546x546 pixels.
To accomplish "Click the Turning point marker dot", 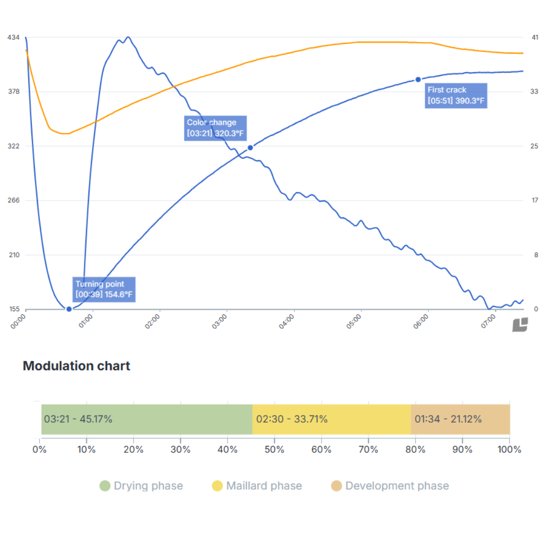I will pos(69,309).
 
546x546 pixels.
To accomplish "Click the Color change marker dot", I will pos(250,148).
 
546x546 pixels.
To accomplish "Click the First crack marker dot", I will pos(418,79).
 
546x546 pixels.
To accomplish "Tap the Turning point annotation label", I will pos(104,289).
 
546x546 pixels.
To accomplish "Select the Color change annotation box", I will pos(216,128).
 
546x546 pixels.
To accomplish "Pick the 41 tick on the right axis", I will pos(535,37).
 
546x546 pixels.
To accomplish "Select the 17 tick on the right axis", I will pos(535,201).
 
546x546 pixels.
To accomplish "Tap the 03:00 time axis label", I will pos(220,322).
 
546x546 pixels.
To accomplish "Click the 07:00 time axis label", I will pos(489,322).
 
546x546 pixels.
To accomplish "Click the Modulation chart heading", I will pos(76,366).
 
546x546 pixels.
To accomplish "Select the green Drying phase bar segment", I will pos(147,419).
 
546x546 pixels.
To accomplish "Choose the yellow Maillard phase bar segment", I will pos(331,419).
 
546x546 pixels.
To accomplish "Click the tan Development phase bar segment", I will pos(460,419).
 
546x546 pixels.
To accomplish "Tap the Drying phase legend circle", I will pos(105,486).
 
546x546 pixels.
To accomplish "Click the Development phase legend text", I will pos(397,486).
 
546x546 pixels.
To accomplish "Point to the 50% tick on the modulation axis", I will pos(274,449).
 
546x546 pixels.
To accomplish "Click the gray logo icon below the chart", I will pos(520,325).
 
